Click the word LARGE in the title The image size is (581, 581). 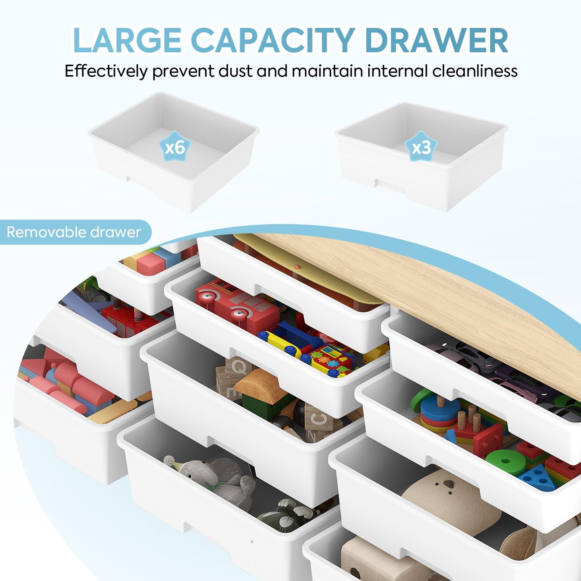(x=127, y=41)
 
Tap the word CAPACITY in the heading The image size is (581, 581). (x=273, y=41)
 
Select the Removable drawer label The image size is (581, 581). (x=74, y=232)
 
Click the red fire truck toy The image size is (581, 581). (x=237, y=306)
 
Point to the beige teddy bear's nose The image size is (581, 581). (x=449, y=484)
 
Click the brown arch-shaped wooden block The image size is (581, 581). (x=261, y=389)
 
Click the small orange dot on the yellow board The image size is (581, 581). (x=298, y=267)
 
